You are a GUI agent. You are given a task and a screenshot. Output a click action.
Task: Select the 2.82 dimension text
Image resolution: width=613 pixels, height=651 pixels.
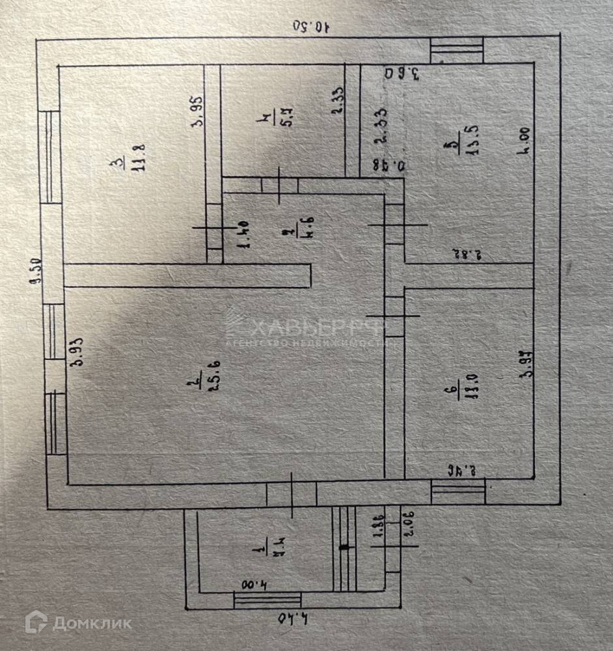tap(465, 253)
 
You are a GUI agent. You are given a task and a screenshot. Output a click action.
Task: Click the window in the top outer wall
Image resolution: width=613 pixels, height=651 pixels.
tap(457, 50)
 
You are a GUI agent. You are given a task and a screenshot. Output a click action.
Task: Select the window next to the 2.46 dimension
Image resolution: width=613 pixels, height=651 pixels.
tap(458, 492)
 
